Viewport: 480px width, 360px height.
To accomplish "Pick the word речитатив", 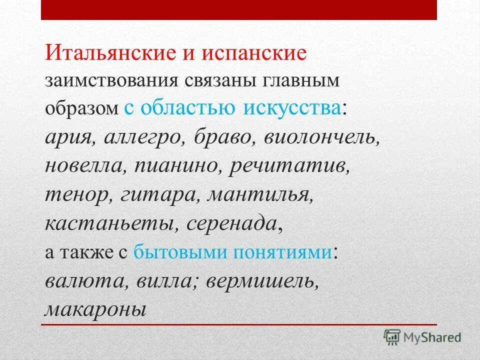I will tap(288, 165).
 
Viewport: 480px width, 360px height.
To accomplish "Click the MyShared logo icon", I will tap(392, 337).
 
